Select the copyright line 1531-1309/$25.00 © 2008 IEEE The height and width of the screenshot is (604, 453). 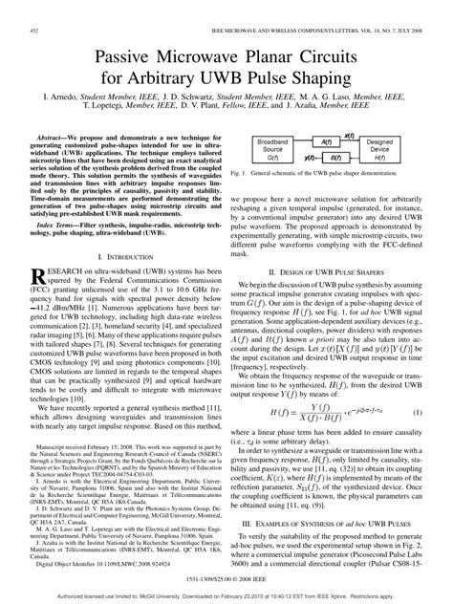pos(226,577)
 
